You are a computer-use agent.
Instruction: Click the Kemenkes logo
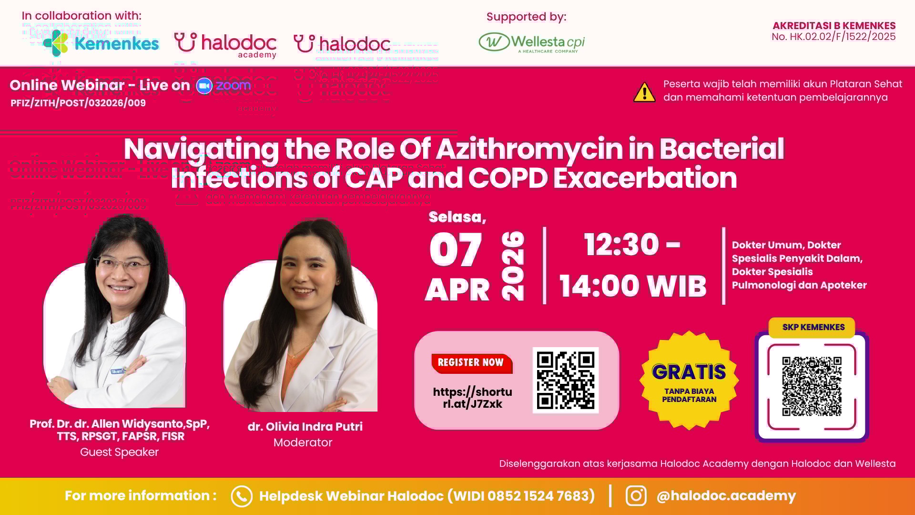point(101,43)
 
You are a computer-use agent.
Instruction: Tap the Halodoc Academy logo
point(225,45)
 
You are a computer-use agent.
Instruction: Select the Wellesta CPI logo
point(531,42)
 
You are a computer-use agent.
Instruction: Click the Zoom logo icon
point(204,86)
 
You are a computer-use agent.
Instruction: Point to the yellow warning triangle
point(644,93)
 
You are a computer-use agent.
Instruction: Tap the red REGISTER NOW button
point(471,363)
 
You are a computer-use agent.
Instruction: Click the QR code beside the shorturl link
point(565,380)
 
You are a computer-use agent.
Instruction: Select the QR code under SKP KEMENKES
point(812,386)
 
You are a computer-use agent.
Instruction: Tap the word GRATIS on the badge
point(689,372)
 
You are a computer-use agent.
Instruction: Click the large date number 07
point(456,250)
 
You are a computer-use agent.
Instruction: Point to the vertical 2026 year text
point(513,266)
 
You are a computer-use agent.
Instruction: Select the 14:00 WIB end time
point(632,286)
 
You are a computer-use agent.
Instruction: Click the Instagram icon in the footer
point(636,496)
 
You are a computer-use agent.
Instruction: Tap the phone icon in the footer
point(241,496)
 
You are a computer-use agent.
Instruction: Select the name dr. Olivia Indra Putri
point(305,427)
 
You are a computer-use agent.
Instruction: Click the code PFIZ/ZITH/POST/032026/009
point(78,103)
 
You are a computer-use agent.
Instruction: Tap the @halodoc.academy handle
point(726,496)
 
